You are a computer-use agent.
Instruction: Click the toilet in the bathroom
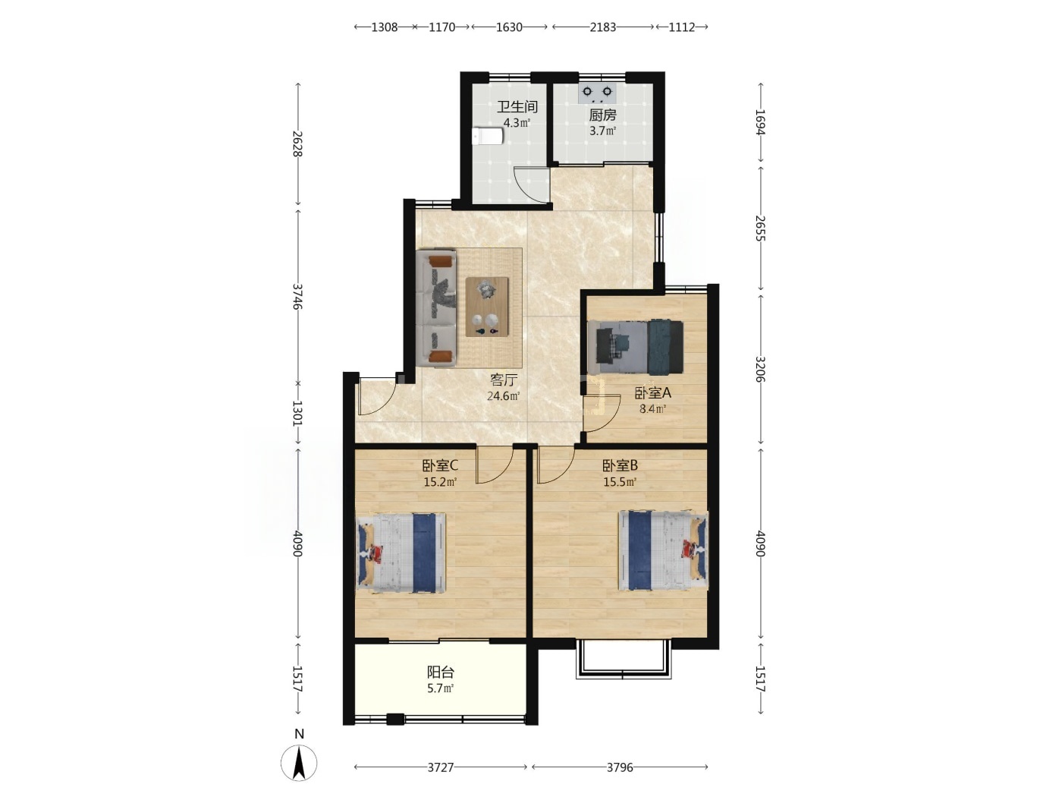(x=489, y=137)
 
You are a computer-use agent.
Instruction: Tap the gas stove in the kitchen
(x=596, y=93)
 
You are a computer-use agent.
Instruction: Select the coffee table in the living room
(x=486, y=307)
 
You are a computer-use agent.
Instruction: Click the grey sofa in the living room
(x=436, y=307)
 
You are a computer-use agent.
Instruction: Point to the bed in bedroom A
(x=635, y=346)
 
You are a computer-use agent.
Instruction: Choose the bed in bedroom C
(x=401, y=552)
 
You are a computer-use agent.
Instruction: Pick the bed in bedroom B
(x=663, y=550)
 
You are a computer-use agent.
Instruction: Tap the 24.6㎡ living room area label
(x=504, y=396)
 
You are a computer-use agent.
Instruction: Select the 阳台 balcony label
(x=440, y=673)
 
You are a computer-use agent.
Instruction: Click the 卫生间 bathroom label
(x=517, y=106)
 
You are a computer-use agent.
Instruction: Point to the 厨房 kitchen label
(x=602, y=115)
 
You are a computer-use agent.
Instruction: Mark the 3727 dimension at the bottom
(x=440, y=767)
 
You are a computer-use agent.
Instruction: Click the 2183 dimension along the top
(x=603, y=27)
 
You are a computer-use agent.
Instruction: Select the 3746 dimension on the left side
(x=297, y=297)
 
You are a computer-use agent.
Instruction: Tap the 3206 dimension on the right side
(x=761, y=369)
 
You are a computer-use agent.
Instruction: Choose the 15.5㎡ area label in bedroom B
(x=620, y=482)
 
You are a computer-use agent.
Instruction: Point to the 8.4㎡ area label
(x=652, y=409)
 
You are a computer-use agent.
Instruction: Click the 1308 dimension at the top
(x=384, y=27)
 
